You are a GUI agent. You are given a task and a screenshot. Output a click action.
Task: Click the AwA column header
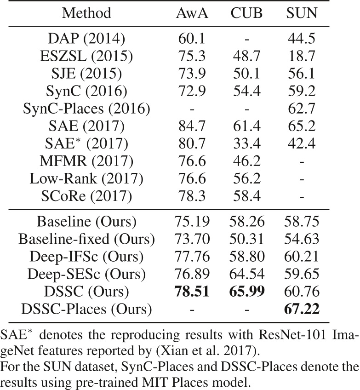click(x=192, y=13)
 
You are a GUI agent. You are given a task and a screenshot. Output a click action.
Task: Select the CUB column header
click(x=246, y=13)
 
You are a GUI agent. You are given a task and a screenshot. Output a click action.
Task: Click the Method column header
click(x=87, y=13)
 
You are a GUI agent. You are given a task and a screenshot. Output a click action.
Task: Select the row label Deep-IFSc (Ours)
click(x=87, y=256)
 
